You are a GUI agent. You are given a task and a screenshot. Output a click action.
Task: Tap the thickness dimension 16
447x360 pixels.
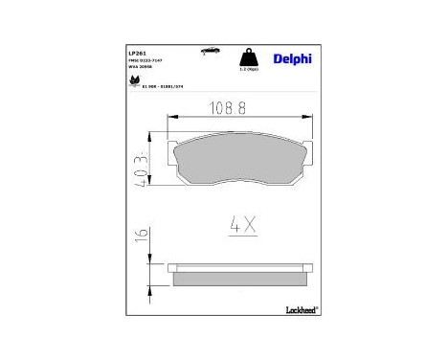142,235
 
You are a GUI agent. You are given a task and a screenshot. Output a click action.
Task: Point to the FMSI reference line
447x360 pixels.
146,59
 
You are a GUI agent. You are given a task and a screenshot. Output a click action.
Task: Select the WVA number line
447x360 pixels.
141,67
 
